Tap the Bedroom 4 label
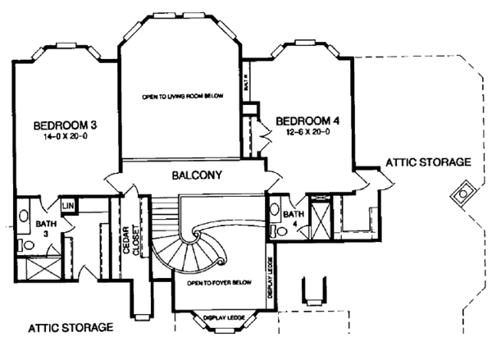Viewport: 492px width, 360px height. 312,120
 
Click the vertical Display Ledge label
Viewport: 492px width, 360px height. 270,277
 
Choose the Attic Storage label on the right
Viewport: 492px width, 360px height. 427,162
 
